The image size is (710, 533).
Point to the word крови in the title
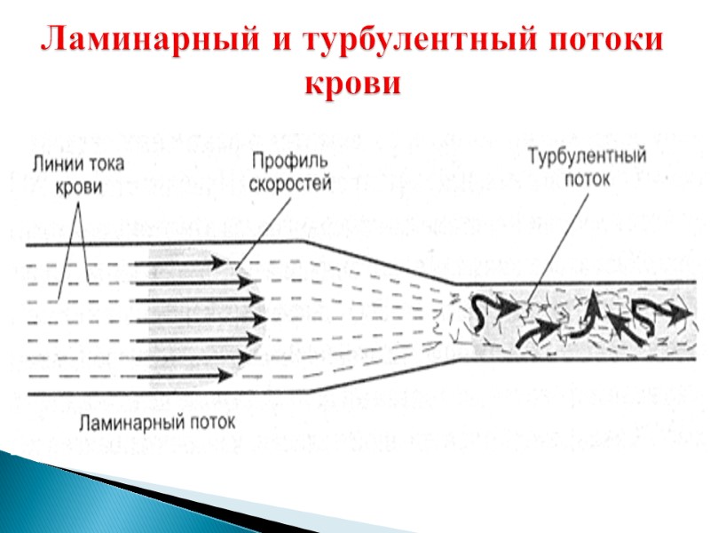353,84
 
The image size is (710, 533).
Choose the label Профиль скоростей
289,171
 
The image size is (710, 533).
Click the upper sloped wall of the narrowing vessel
382,262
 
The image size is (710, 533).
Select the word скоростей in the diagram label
289,183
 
